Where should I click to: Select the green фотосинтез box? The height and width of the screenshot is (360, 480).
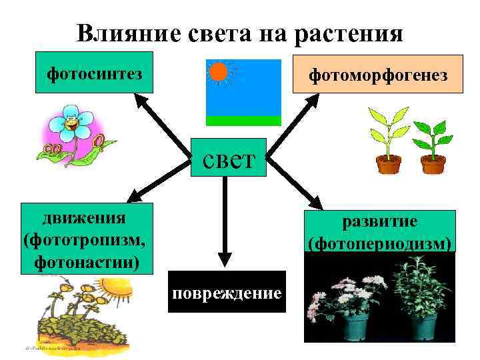(x=94, y=71)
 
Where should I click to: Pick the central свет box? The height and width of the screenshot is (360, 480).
(x=228, y=157)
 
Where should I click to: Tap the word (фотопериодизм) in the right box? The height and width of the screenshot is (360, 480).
(x=380, y=243)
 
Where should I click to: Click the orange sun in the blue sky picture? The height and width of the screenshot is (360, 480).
(x=218, y=71)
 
